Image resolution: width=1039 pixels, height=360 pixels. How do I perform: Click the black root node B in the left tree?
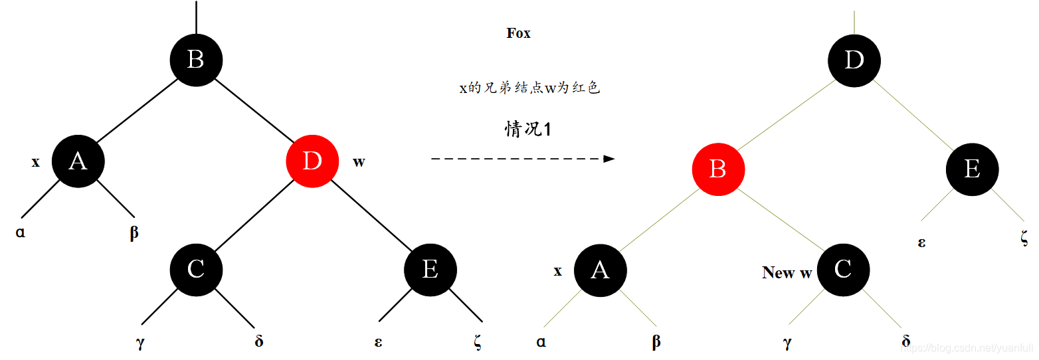(196, 60)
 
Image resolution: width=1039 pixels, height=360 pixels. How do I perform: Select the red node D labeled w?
(312, 161)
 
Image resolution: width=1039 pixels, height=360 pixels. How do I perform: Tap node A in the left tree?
(78, 161)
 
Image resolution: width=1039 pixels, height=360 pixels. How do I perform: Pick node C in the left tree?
(196, 269)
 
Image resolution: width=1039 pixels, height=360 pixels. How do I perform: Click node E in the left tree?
(430, 269)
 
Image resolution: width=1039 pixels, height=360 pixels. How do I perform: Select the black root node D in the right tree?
(854, 60)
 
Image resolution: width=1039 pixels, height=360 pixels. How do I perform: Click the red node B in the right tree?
(718, 169)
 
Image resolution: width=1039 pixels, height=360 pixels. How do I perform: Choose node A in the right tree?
(600, 270)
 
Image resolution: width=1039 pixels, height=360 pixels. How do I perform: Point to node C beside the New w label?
(843, 270)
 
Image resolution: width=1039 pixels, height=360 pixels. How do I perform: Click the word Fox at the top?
(518, 33)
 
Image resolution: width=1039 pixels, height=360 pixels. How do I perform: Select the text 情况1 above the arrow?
(528, 129)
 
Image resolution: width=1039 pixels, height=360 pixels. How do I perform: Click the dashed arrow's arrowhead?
(609, 159)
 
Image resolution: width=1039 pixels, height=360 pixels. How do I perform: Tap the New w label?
(787, 272)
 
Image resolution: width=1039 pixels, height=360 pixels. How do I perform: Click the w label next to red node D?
(359, 161)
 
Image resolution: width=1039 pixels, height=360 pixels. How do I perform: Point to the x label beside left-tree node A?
(36, 161)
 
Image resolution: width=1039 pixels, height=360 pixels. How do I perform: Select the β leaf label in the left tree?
(134, 233)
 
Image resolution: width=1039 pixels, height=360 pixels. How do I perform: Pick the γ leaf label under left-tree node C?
(140, 343)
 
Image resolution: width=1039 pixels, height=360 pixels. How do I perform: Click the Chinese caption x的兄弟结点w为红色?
(529, 88)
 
